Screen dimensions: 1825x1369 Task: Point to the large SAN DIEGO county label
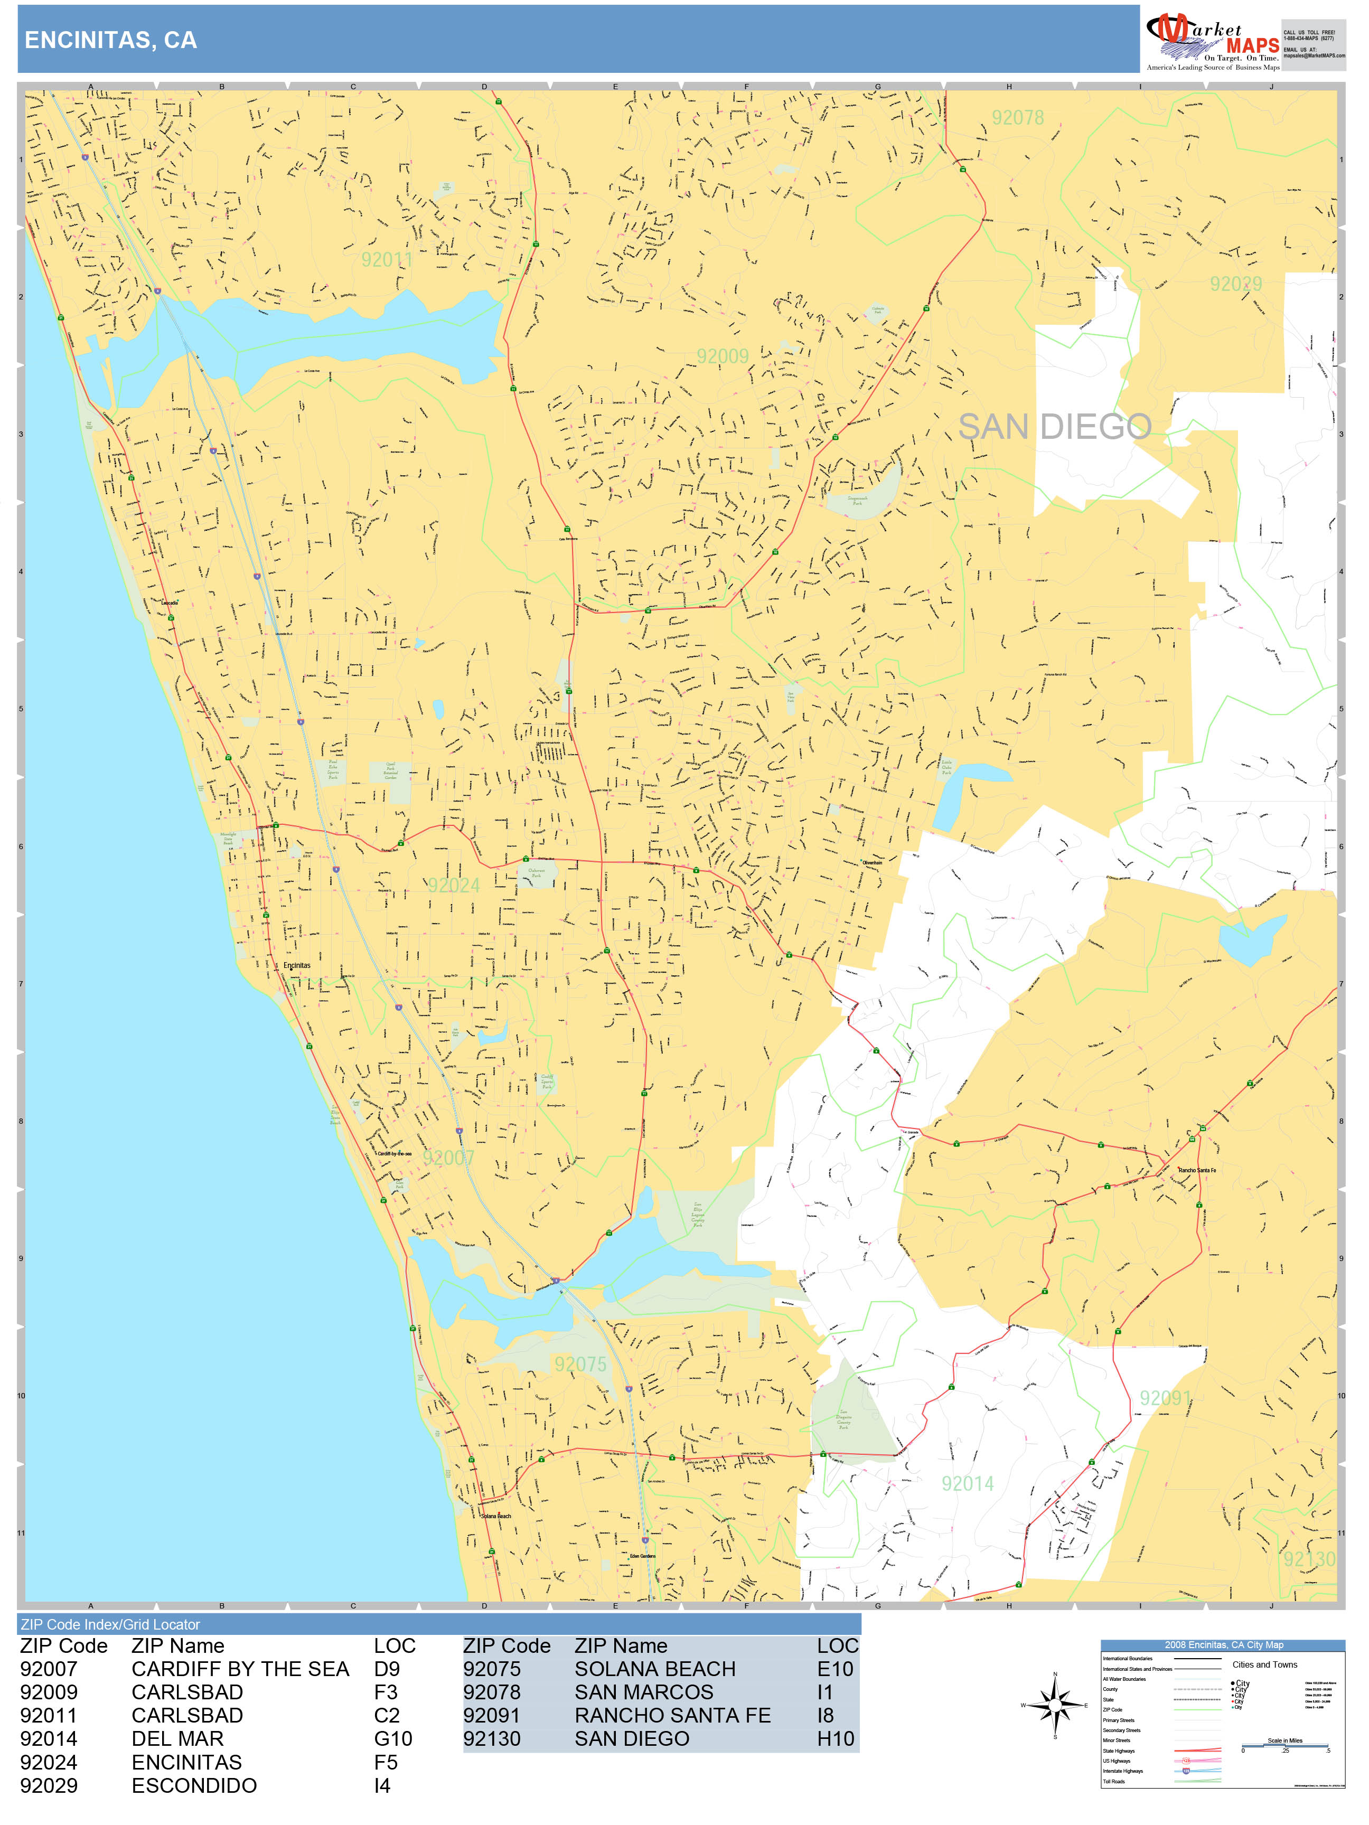click(1055, 427)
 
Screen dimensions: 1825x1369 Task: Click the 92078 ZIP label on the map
click(1017, 118)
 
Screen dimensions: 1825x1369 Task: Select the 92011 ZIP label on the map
click(386, 260)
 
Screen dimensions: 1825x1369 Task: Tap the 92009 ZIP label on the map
click(722, 356)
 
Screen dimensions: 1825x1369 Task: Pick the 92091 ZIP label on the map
click(1165, 1398)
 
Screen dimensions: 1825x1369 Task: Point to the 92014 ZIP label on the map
click(967, 1483)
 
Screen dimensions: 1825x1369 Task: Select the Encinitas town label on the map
click(297, 965)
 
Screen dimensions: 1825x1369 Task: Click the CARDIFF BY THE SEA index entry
click(240, 1669)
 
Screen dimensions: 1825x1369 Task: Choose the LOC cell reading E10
click(835, 1669)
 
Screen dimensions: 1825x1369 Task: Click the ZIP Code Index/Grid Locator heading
click(110, 1624)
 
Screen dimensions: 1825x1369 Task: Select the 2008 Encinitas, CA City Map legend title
click(1223, 1644)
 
